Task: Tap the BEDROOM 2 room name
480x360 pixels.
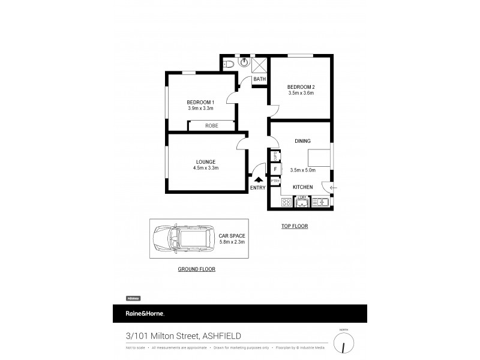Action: (301, 86)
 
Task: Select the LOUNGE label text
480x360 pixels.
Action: (205, 161)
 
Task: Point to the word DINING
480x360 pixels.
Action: (302, 141)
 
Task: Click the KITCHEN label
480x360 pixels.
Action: (302, 187)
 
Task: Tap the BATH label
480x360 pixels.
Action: (259, 79)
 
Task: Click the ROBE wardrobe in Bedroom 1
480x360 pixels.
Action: (211, 125)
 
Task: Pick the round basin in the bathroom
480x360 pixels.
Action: (245, 61)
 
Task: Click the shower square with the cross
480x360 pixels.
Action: (260, 64)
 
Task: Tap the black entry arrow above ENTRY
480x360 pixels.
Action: (259, 178)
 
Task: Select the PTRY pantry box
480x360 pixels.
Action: (275, 181)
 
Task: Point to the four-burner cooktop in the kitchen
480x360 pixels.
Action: (286, 202)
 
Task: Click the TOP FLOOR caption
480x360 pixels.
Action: (294, 226)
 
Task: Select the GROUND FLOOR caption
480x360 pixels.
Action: (196, 269)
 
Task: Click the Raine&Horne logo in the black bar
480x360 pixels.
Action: (144, 314)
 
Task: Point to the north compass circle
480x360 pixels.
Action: (344, 343)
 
